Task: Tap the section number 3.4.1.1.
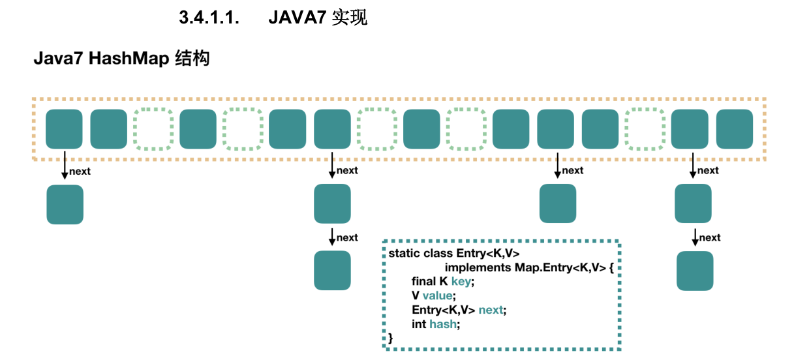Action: coord(209,18)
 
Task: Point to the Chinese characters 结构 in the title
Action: coord(192,59)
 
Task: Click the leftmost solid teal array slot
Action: coord(64,128)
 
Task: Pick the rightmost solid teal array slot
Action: coord(735,128)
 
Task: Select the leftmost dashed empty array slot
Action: coord(153,128)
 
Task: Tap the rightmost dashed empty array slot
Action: coord(645,128)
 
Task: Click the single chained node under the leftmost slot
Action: coord(65,204)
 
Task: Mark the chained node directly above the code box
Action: coord(558,203)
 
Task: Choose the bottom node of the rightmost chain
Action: coord(695,271)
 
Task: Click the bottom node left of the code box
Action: coord(332,270)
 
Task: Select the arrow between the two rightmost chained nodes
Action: coord(695,237)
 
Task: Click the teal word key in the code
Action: coord(461,281)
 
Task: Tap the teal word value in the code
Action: coord(437,295)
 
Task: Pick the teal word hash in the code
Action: coord(444,324)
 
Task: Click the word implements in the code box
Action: coord(478,267)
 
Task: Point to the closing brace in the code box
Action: coord(391,338)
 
